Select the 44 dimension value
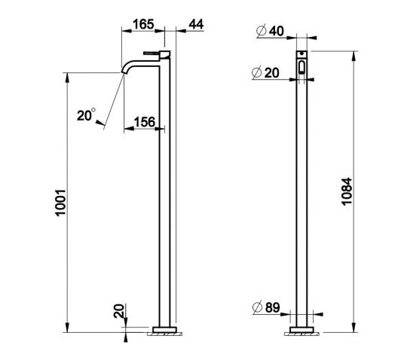click(x=194, y=24)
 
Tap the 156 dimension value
click(x=145, y=122)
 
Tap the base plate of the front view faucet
click(x=301, y=328)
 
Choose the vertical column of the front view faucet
click(x=301, y=196)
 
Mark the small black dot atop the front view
click(x=301, y=55)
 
